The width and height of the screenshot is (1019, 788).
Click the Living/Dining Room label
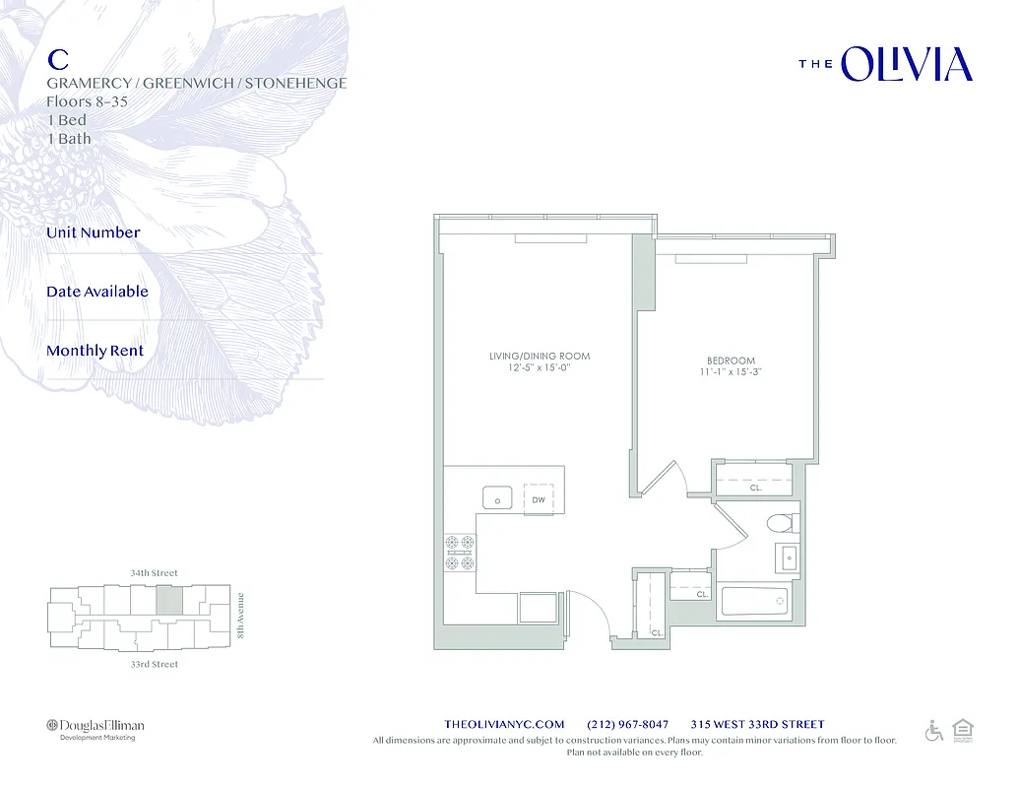click(x=540, y=356)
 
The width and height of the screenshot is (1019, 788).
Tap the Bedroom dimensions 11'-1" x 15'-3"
click(x=731, y=373)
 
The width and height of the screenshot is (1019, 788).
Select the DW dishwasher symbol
click(x=539, y=498)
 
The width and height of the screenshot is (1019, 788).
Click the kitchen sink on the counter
click(x=497, y=498)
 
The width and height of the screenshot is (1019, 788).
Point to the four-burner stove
click(x=460, y=553)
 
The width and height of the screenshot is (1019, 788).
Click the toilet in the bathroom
click(x=784, y=522)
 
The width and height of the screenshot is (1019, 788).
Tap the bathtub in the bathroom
click(x=754, y=601)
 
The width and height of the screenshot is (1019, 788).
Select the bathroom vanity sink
click(x=788, y=558)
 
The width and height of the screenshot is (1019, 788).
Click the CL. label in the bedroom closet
click(x=755, y=487)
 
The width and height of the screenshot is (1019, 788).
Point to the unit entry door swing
click(x=586, y=611)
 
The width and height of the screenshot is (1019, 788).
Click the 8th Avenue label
click(x=240, y=616)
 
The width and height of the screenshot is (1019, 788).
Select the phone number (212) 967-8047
click(x=627, y=724)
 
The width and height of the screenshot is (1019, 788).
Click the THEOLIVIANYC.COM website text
click(x=505, y=724)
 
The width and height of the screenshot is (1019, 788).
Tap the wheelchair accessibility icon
click(x=933, y=731)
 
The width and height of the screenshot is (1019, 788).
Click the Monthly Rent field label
click(x=95, y=351)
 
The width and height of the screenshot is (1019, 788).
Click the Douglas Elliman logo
click(x=96, y=727)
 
